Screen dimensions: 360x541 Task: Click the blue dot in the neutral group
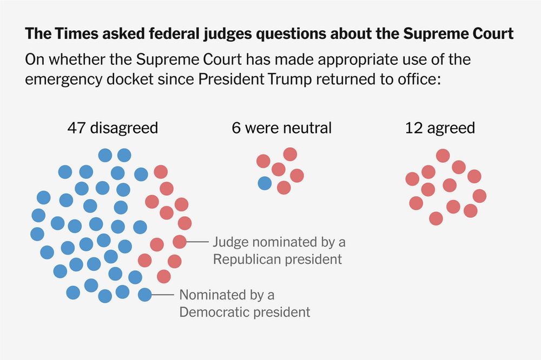[265, 183]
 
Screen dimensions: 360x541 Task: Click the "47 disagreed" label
[113, 128]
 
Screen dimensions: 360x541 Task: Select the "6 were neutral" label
[281, 128]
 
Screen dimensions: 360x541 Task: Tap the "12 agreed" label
[440, 128]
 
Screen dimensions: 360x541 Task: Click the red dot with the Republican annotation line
[180, 242]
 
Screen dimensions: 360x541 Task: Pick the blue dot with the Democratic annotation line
[144, 295]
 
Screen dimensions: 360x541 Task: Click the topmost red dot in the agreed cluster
[443, 156]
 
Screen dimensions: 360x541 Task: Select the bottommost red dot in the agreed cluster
[436, 218]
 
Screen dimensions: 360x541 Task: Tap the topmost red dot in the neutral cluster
[290, 154]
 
